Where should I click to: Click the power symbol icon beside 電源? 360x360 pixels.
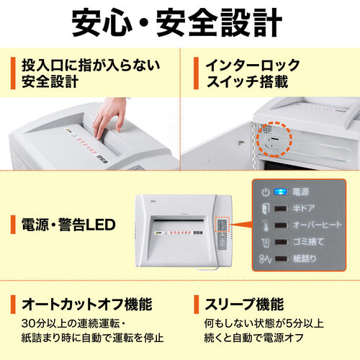coord(265,192)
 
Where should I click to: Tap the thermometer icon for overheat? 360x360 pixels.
coord(265,225)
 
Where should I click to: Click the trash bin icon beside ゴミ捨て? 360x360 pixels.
coord(265,241)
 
